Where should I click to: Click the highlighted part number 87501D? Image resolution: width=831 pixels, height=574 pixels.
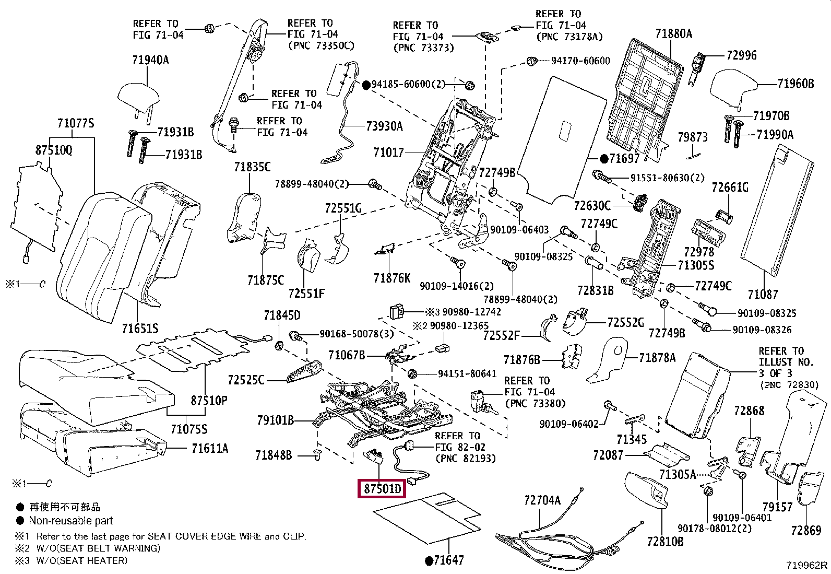[x=383, y=489]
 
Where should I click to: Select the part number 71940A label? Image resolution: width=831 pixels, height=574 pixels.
[x=150, y=60]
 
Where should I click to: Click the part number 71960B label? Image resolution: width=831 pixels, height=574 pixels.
[x=795, y=84]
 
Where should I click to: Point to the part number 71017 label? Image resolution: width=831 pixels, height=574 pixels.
[x=388, y=153]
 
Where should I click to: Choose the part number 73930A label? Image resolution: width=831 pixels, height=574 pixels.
[x=384, y=126]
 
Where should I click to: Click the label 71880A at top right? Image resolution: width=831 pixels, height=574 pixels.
[x=673, y=34]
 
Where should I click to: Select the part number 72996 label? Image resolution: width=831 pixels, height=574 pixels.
[x=741, y=55]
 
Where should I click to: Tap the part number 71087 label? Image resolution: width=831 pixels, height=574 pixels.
[x=763, y=295]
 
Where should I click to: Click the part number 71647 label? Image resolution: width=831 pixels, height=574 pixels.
[x=448, y=560]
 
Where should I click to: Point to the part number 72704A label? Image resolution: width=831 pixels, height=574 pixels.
[x=542, y=500]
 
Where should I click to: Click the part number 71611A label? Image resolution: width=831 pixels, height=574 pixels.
[x=209, y=449]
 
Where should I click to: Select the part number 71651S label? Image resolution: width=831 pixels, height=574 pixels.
[x=140, y=329]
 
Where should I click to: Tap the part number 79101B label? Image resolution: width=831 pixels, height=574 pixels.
[x=275, y=420]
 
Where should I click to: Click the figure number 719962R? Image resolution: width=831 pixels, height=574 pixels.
[x=807, y=565]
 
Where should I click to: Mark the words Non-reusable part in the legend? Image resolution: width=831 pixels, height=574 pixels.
[x=70, y=521]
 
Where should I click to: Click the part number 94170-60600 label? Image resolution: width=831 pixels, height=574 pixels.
[x=580, y=61]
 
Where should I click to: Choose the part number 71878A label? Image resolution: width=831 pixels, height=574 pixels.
[x=657, y=358]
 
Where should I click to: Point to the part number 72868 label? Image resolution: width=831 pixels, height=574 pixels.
[x=749, y=411]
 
